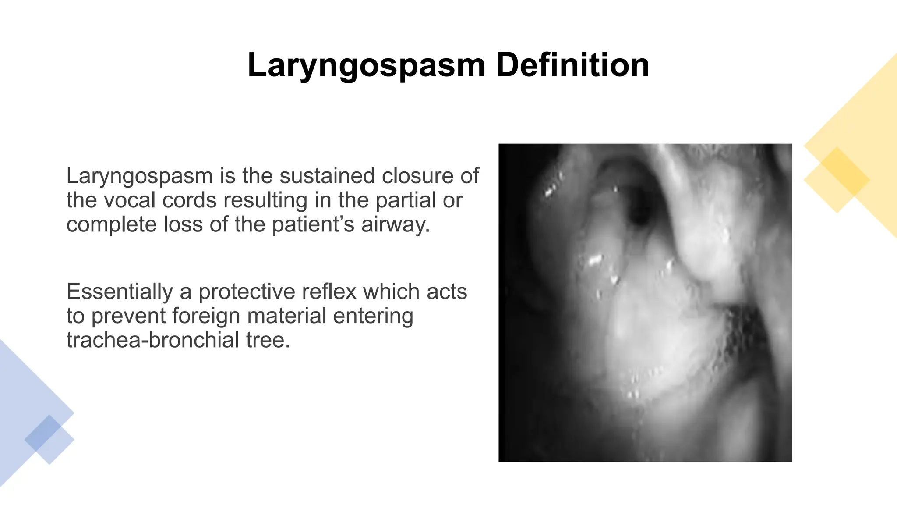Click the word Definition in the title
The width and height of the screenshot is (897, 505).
572,65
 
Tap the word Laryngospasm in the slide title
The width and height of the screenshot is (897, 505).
366,65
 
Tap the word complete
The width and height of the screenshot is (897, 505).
111,225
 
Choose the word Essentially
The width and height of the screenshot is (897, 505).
120,292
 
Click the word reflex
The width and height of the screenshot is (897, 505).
332,292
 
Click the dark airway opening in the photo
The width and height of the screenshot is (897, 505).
640,210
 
